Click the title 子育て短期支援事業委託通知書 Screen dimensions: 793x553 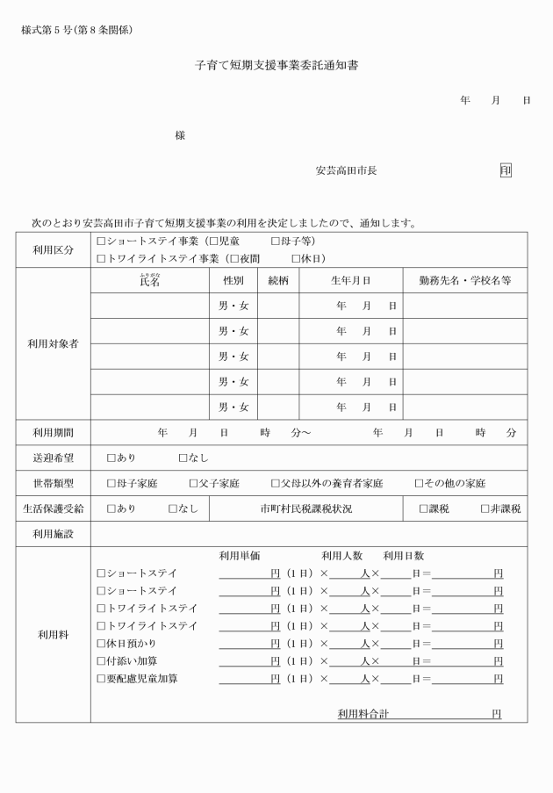coord(276,66)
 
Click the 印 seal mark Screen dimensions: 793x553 coord(506,170)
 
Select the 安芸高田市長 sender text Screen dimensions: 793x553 coord(347,170)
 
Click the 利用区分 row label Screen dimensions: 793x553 coord(54,249)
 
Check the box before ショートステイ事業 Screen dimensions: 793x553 coord(101,241)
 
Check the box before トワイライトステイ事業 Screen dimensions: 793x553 coord(101,259)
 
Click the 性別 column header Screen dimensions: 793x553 coord(233,280)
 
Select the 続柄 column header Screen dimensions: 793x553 coord(278,280)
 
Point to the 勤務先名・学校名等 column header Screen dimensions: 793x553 coord(465,280)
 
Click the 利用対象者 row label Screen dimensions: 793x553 coord(54,343)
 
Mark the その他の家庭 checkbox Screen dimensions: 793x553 coord(420,483)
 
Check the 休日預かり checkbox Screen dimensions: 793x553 coord(101,644)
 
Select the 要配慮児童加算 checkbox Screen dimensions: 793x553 coord(101,679)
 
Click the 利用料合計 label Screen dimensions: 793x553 coord(363,714)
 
